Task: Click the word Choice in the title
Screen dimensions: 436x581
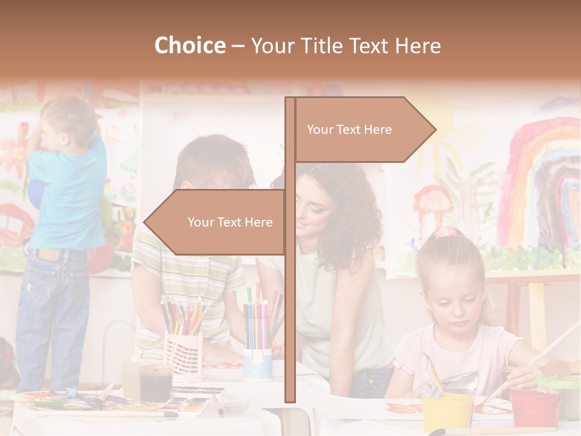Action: tap(189, 46)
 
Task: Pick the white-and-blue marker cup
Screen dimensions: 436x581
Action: tap(257, 363)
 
